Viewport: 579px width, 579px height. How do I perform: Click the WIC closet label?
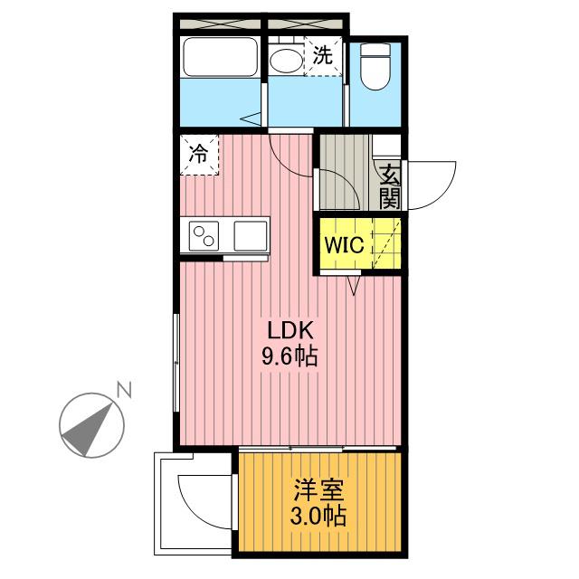point(344,245)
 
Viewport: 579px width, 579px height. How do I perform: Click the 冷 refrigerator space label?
point(197,154)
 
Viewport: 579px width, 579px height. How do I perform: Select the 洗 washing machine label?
point(323,54)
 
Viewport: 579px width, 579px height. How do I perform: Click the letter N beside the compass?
point(124,391)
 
